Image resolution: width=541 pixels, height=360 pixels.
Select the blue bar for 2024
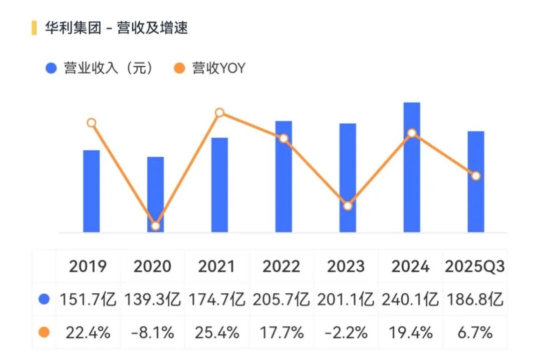click(412, 168)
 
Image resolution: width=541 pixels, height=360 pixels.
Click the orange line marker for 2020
click(155, 226)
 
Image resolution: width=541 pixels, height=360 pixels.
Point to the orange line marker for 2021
click(219, 113)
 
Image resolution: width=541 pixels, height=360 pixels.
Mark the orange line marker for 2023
click(348, 206)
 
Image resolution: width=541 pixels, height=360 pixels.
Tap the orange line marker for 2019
click(91, 123)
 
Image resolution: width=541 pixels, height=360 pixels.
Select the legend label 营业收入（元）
click(108, 68)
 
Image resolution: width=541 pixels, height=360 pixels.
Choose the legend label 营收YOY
click(219, 68)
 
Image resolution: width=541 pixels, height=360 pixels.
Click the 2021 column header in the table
click(216, 266)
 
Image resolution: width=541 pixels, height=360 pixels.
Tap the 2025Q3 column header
click(474, 266)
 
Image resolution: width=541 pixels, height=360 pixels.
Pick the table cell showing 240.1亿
click(410, 299)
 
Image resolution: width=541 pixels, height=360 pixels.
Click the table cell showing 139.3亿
click(152, 299)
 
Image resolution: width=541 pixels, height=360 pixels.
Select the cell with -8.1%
click(152, 332)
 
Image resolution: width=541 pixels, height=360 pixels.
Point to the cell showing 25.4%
click(216, 332)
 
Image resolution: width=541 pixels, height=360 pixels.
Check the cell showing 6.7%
click(474, 332)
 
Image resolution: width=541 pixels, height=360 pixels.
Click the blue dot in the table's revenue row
click(44, 299)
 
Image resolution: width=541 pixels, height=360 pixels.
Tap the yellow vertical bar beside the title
click(34, 28)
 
